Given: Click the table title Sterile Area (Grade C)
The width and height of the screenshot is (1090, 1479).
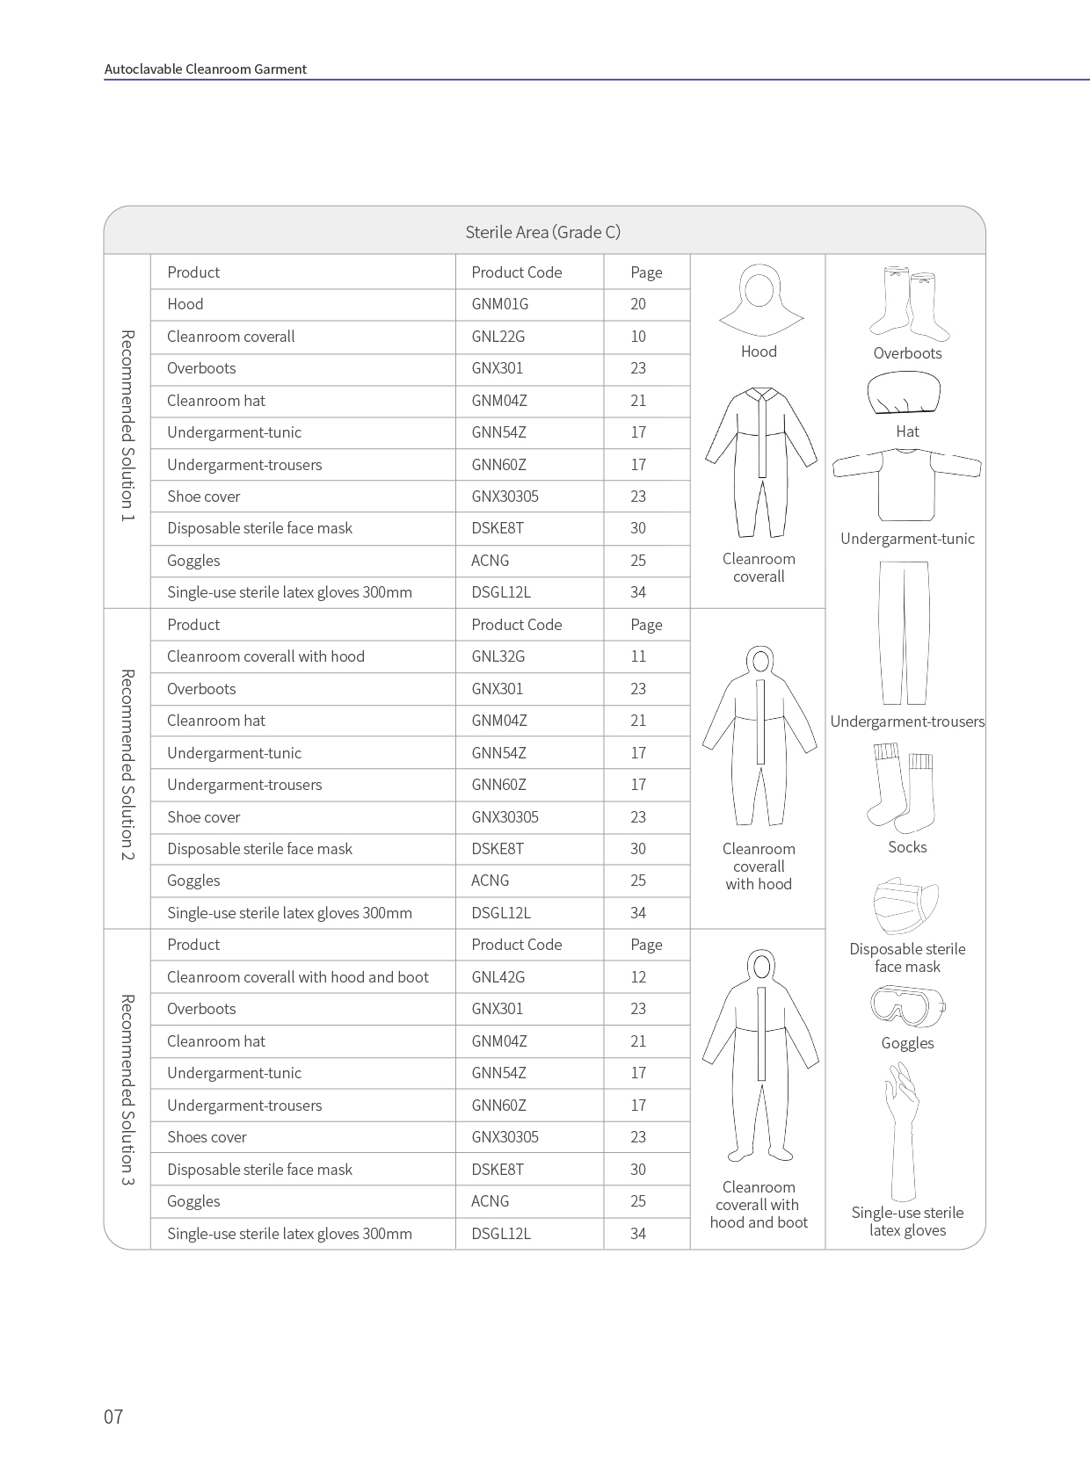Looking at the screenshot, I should pyautogui.click(x=542, y=232).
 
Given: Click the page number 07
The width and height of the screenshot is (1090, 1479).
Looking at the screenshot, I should pyautogui.click(x=113, y=1417).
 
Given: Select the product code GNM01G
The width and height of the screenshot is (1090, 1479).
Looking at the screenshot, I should pyautogui.click(x=499, y=304).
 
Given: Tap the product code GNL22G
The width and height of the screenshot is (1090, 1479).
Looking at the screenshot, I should pyautogui.click(x=498, y=337).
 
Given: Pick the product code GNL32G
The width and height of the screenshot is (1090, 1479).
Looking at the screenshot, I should pyautogui.click(x=498, y=656).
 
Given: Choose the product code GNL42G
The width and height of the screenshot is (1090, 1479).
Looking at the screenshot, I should pyautogui.click(x=498, y=977).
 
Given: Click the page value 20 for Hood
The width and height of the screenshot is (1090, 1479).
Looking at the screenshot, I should pyautogui.click(x=638, y=304).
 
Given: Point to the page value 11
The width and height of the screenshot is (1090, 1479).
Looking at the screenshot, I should pyautogui.click(x=638, y=656).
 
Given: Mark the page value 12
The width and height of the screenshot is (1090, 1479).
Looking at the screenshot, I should pyautogui.click(x=638, y=977).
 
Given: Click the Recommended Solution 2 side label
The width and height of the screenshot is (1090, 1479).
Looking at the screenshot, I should pyautogui.click(x=127, y=765).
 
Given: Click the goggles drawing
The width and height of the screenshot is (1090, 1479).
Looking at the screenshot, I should pyautogui.click(x=907, y=1006).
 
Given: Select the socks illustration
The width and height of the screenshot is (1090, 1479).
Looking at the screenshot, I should pyautogui.click(x=903, y=787).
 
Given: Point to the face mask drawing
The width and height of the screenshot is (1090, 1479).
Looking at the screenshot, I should pyautogui.click(x=905, y=905).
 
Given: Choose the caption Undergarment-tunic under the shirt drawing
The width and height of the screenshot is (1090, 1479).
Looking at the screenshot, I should pyautogui.click(x=907, y=539).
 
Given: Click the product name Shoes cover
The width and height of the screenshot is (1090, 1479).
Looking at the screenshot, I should pyautogui.click(x=207, y=1137).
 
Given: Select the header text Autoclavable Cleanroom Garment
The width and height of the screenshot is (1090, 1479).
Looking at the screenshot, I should pyautogui.click(x=205, y=69).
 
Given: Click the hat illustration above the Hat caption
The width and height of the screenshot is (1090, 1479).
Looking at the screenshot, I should pyautogui.click(x=904, y=393).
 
